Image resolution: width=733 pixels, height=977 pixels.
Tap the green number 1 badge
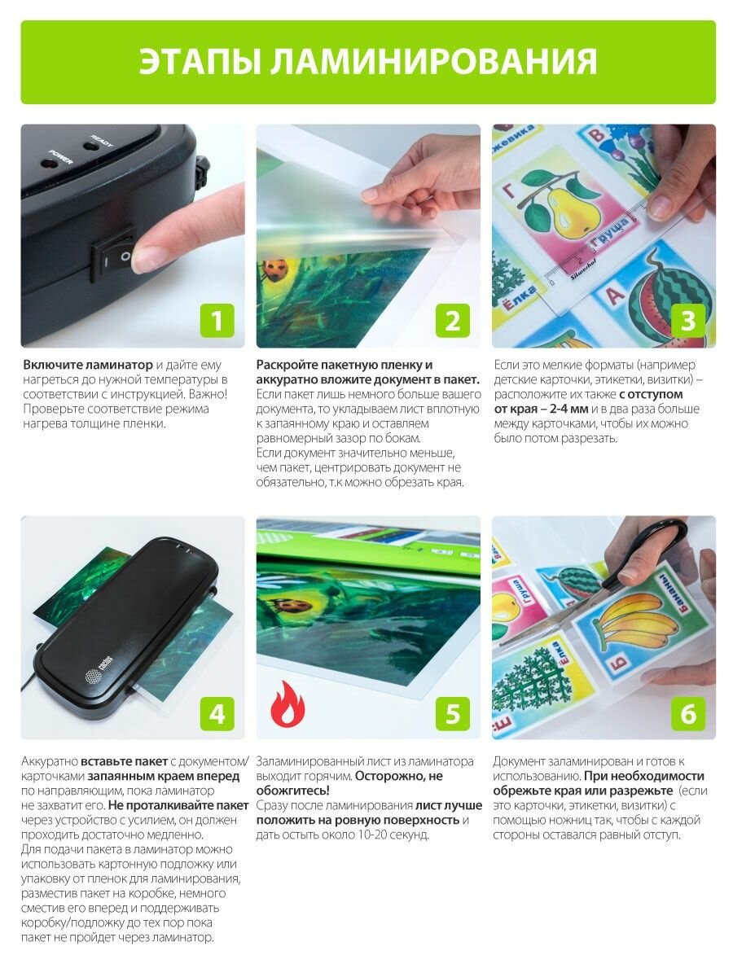pyautogui.click(x=217, y=321)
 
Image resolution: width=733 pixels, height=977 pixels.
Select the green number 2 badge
pyautogui.click(x=453, y=321)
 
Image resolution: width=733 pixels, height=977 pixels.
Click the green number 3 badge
pyautogui.click(x=688, y=321)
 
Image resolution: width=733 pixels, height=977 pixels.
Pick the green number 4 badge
pyautogui.click(x=217, y=713)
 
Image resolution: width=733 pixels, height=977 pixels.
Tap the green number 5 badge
pyautogui.click(x=453, y=713)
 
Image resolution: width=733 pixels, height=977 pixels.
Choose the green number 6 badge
pyautogui.click(x=688, y=713)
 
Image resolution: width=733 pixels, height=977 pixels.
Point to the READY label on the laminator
pyautogui.click(x=102, y=141)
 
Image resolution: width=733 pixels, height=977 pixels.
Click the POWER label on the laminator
pyautogui.click(x=60, y=156)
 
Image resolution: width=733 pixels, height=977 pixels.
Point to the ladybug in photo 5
pyautogui.click(x=295, y=604)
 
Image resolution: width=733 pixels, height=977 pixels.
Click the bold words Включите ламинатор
pyautogui.click(x=88, y=365)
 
